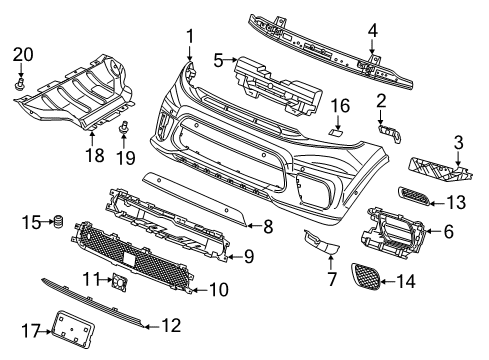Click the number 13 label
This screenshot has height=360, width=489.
click(x=456, y=202)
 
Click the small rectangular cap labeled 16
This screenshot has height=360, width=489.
click(x=337, y=130)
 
